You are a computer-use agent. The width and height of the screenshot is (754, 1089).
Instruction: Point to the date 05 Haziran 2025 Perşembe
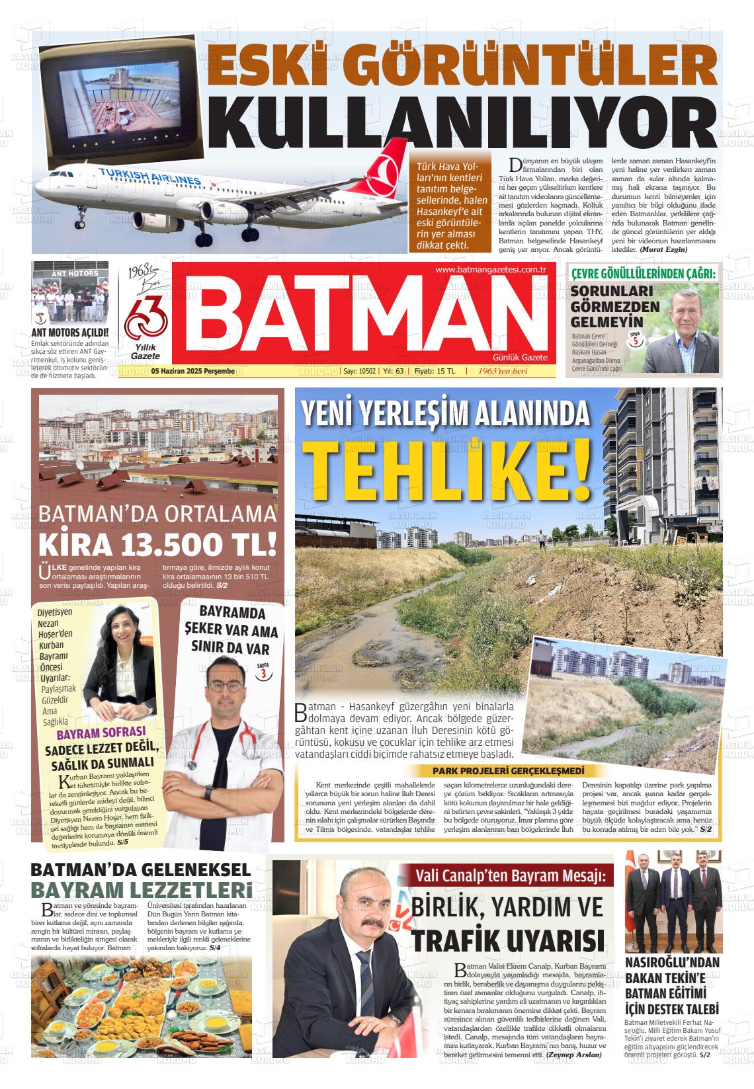192,372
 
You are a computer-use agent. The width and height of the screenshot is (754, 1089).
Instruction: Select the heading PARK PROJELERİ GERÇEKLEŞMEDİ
509,772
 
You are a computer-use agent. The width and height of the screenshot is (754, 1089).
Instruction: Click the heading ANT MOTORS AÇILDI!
69,333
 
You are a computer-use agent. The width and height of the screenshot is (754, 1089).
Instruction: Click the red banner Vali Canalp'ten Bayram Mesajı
510,877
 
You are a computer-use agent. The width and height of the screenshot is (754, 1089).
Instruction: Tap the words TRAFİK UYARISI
507,940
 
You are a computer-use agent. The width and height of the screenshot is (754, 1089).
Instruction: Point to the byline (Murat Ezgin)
663,249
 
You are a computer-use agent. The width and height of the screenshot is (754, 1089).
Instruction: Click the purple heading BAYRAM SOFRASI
101,733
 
